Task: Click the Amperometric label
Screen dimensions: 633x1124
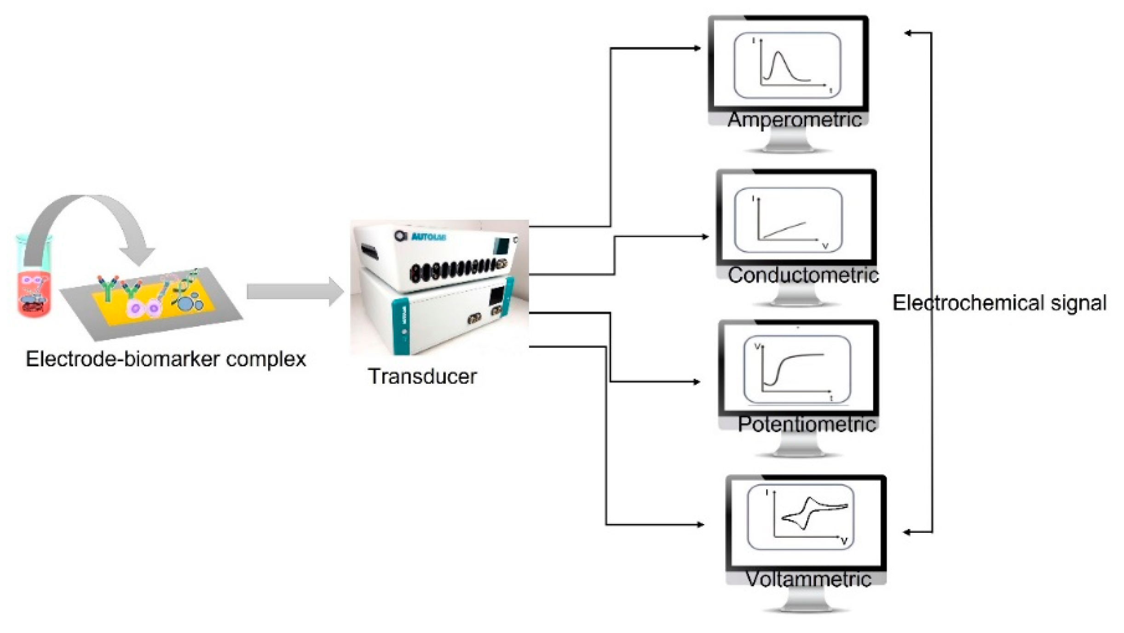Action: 795,120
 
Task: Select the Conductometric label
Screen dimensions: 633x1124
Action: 803,275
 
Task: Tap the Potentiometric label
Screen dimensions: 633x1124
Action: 807,424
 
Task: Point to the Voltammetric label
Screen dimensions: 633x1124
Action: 808,579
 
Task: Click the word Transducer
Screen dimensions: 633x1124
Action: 422,376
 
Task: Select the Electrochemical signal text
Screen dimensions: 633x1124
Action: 999,303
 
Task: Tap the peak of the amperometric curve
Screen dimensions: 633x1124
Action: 778,53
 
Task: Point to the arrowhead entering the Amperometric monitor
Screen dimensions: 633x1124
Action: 697,48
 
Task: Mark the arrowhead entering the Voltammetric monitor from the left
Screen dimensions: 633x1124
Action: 700,524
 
